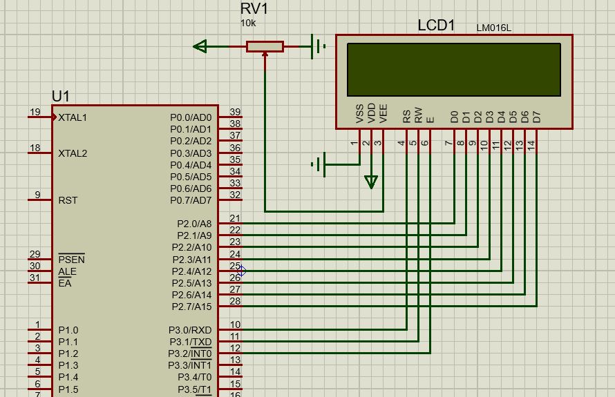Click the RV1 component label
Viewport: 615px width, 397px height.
click(254, 9)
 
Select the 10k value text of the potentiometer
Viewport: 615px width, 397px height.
click(247, 23)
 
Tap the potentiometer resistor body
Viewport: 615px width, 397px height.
click(265, 46)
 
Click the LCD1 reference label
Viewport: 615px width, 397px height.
click(436, 26)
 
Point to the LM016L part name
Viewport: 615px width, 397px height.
click(493, 28)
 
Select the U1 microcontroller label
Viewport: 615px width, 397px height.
click(60, 96)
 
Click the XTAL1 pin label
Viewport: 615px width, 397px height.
click(73, 117)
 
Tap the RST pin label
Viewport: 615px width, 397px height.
click(68, 200)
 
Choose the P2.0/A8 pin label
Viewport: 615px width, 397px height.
click(194, 224)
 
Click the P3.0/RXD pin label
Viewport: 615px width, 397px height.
click(190, 330)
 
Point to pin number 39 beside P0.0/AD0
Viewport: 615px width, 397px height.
click(235, 113)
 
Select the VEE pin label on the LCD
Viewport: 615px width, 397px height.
click(384, 114)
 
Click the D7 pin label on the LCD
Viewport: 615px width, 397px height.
click(536, 117)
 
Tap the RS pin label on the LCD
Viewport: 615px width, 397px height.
click(407, 115)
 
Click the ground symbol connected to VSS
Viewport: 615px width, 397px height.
click(319, 164)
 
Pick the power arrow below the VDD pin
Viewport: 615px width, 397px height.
click(371, 182)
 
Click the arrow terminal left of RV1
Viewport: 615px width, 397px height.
click(200, 46)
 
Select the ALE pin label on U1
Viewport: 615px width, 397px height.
click(67, 271)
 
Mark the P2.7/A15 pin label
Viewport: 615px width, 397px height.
click(191, 307)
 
